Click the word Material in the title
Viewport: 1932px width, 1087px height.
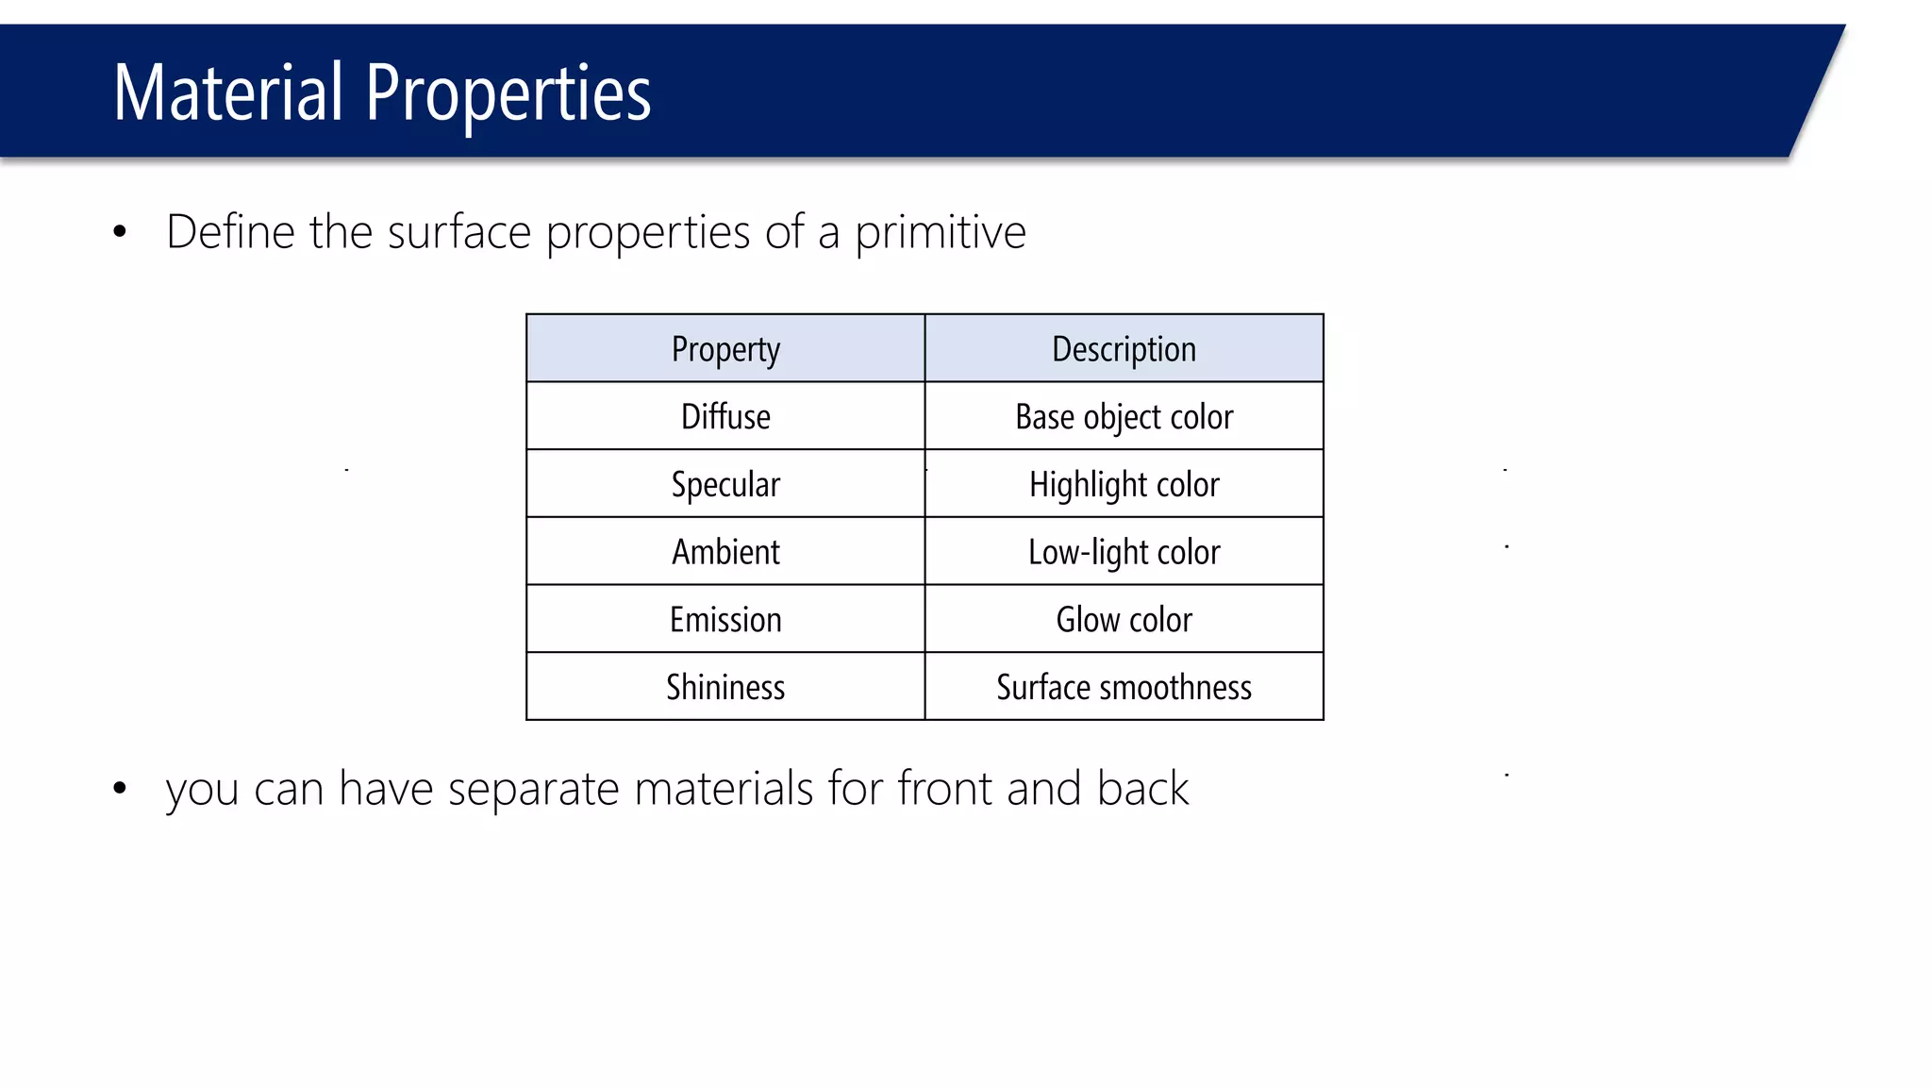click(227, 92)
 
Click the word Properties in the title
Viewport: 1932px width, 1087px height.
click(508, 94)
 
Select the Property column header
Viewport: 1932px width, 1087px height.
click(725, 349)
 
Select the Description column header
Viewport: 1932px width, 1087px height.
click(1124, 349)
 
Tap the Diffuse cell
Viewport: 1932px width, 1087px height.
click(725, 417)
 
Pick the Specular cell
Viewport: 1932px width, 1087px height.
click(725, 485)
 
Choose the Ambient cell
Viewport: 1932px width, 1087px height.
click(725, 552)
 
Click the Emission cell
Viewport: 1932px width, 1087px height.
click(725, 620)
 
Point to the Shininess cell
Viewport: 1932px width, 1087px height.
click(725, 687)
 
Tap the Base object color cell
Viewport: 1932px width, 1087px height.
click(1124, 417)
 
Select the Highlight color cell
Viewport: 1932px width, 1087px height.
click(1124, 485)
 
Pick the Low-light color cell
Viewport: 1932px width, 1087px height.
click(1124, 552)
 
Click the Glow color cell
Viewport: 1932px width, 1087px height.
click(1124, 620)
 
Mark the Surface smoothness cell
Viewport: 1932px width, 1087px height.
click(1124, 687)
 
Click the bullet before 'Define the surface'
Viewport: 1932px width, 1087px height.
click(119, 232)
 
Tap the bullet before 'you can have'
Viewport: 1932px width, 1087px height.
click(119, 789)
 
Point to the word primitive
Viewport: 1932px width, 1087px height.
click(940, 232)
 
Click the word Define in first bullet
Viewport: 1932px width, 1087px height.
click(230, 232)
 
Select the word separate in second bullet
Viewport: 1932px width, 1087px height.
click(533, 789)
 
